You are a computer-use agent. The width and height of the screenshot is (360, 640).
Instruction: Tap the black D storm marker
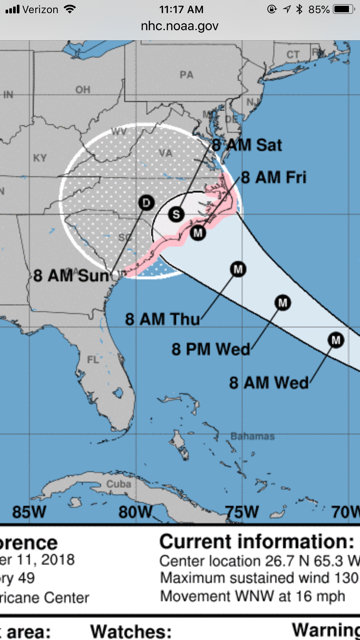(146, 203)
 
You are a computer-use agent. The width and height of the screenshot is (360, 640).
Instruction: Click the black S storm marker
(176, 214)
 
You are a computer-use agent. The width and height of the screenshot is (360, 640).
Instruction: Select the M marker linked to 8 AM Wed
(334, 342)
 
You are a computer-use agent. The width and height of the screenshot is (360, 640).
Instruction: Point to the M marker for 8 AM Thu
(238, 268)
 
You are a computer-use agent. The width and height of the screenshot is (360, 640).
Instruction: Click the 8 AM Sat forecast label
(246, 145)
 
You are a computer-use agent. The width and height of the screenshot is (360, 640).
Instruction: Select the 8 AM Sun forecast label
(68, 275)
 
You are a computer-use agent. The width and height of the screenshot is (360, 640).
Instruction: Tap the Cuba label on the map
(119, 484)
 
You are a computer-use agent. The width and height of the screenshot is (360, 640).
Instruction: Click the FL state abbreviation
(96, 358)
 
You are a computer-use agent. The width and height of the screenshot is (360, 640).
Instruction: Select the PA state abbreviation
(186, 75)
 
